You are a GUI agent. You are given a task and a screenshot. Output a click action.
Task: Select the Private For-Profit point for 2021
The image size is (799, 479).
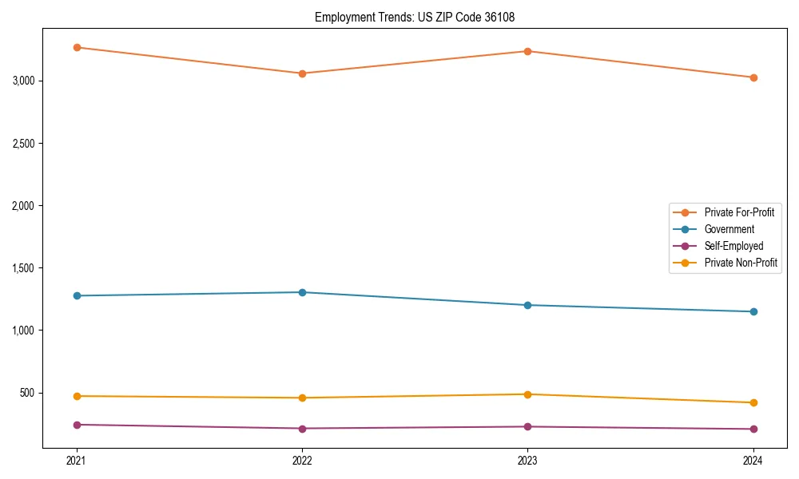point(77,47)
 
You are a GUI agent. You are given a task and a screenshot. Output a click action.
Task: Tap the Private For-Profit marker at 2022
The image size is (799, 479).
point(302,73)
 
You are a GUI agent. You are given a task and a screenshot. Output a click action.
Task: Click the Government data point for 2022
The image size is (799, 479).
point(302,292)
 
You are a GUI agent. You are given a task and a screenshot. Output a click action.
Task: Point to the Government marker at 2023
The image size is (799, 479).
point(527,305)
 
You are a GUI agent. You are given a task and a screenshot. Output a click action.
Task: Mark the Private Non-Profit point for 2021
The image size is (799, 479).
point(77,396)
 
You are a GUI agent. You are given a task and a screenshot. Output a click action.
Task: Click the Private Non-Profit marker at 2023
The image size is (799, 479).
point(527,394)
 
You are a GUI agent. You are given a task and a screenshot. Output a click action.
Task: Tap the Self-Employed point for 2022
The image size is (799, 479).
point(302,429)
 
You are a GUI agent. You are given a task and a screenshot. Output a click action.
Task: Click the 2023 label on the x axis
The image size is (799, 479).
point(527,460)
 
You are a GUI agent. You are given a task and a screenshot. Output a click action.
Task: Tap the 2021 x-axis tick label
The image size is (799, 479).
point(77,460)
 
